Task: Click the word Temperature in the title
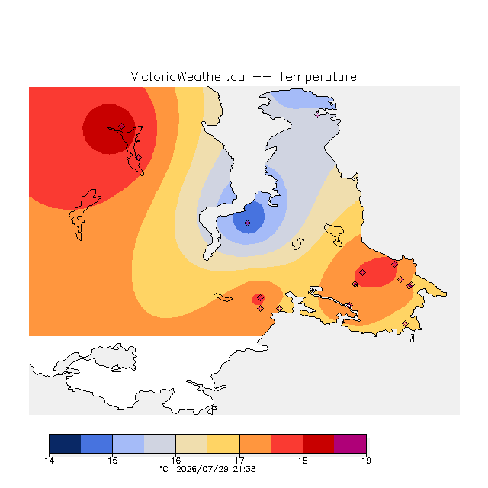click(317, 76)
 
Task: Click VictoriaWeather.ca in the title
click(188, 76)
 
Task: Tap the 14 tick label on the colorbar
click(49, 461)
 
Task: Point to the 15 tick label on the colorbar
click(112, 461)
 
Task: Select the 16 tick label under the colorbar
click(176, 461)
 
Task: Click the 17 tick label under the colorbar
click(239, 461)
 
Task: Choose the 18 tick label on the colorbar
click(303, 461)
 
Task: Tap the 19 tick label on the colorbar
click(366, 461)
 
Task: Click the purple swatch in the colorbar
click(350, 444)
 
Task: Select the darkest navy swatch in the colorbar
click(65, 444)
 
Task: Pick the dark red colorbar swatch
click(319, 444)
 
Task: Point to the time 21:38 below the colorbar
click(244, 469)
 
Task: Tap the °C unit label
click(164, 469)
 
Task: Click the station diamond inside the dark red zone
click(122, 126)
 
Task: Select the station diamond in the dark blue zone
click(247, 223)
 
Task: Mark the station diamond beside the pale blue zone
click(317, 114)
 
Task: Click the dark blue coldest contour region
click(249, 217)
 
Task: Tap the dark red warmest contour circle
click(108, 129)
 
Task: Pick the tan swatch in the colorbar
click(191, 444)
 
